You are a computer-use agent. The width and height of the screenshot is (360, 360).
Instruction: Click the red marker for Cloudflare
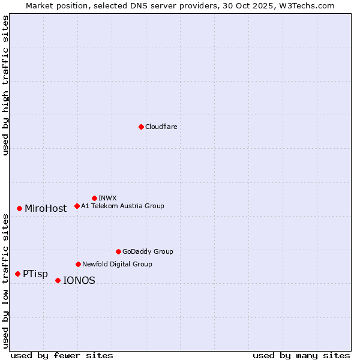point(141,127)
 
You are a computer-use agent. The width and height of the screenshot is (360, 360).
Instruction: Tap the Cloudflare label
point(161,127)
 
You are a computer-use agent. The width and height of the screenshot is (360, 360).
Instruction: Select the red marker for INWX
point(94,198)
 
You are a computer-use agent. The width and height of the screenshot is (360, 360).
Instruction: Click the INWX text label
point(107,198)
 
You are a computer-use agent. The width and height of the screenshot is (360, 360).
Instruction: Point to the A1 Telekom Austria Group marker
point(77,206)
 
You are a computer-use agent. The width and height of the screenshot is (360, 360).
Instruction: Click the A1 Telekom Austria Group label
point(122,206)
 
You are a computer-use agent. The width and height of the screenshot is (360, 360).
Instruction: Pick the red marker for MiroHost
point(19,208)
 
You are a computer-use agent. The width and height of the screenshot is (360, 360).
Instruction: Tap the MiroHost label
point(46,209)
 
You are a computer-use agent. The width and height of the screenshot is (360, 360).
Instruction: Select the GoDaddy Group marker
point(118,251)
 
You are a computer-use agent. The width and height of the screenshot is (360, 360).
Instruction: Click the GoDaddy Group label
point(148,251)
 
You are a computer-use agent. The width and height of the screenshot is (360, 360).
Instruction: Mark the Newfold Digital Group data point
point(78,264)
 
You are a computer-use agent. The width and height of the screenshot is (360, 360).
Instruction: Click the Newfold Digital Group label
point(117,264)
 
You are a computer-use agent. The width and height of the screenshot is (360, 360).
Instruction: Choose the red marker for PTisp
point(17,274)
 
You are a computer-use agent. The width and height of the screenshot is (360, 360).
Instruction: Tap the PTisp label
point(35,274)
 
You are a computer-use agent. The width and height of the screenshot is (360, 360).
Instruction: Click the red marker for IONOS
point(58,280)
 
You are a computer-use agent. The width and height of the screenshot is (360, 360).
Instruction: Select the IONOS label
point(79,281)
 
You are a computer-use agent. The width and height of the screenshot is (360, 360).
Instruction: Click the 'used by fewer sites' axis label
point(61,355)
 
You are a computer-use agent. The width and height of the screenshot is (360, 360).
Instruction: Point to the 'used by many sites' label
point(301,355)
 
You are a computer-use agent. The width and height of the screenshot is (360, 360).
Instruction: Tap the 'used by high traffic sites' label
point(6,85)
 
